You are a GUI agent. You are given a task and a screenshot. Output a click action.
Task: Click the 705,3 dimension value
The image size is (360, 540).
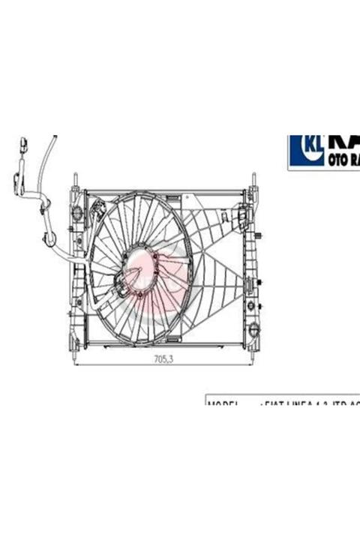click(163, 359)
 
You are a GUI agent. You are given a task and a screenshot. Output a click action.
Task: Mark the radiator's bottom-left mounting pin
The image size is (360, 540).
click(75, 346)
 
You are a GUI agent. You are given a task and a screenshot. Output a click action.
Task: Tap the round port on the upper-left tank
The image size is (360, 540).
click(76, 213)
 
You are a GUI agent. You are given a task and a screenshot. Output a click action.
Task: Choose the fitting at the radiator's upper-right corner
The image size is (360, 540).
click(241, 218)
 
